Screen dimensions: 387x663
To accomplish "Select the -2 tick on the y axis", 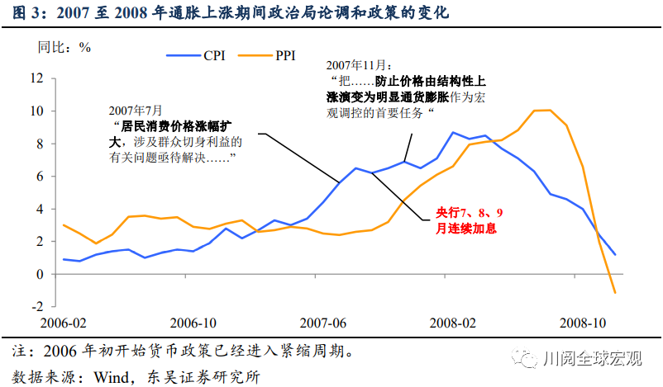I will [34, 306].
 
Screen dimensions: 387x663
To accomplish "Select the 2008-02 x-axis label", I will [453, 323].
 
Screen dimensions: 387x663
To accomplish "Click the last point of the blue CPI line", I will [615, 254].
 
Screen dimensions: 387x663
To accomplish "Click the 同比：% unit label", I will [64, 46].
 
